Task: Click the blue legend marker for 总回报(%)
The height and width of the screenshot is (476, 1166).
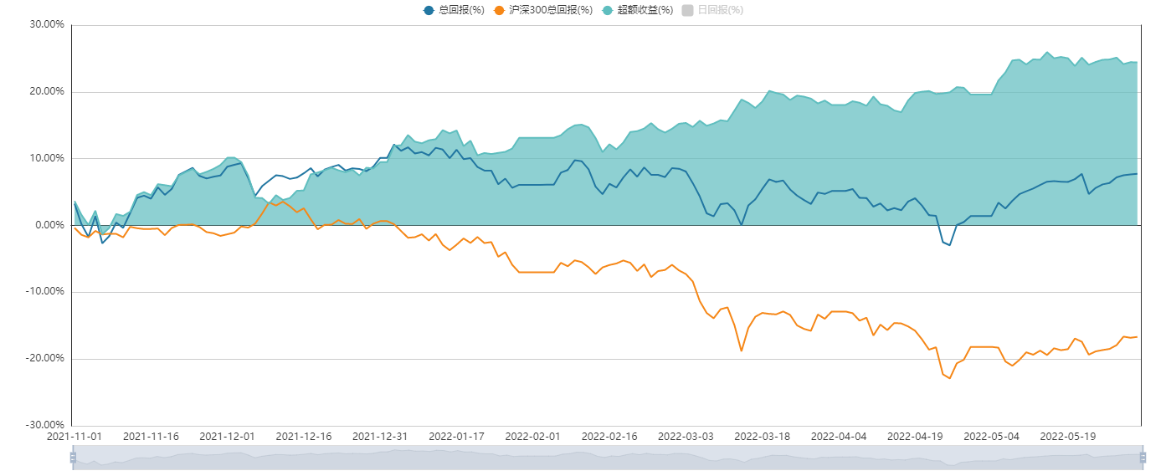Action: (429, 10)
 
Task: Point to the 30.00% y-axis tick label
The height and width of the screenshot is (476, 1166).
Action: (47, 24)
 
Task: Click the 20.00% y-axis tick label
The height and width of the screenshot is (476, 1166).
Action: (47, 91)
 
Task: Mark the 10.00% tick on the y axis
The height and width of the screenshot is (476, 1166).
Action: (47, 158)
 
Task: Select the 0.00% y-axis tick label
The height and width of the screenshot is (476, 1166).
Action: (49, 225)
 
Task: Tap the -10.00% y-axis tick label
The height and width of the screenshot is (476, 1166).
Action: (45, 292)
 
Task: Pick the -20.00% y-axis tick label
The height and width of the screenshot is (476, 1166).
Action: (45, 358)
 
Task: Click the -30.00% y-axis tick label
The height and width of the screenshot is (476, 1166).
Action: (45, 425)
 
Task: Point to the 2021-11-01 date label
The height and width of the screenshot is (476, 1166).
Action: (74, 437)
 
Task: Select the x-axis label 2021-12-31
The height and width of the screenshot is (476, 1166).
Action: (379, 437)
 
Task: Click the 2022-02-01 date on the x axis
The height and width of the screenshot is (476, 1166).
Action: (532, 437)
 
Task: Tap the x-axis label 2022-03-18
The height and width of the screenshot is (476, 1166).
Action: (762, 437)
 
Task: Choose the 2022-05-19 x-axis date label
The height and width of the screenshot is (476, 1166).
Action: (1067, 437)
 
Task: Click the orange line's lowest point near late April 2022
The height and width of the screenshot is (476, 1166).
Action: (949, 378)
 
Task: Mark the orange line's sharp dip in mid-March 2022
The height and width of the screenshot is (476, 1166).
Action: (741, 351)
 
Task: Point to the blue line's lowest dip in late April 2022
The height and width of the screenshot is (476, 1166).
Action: (949, 245)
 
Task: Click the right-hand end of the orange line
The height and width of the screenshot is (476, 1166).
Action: (1137, 336)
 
